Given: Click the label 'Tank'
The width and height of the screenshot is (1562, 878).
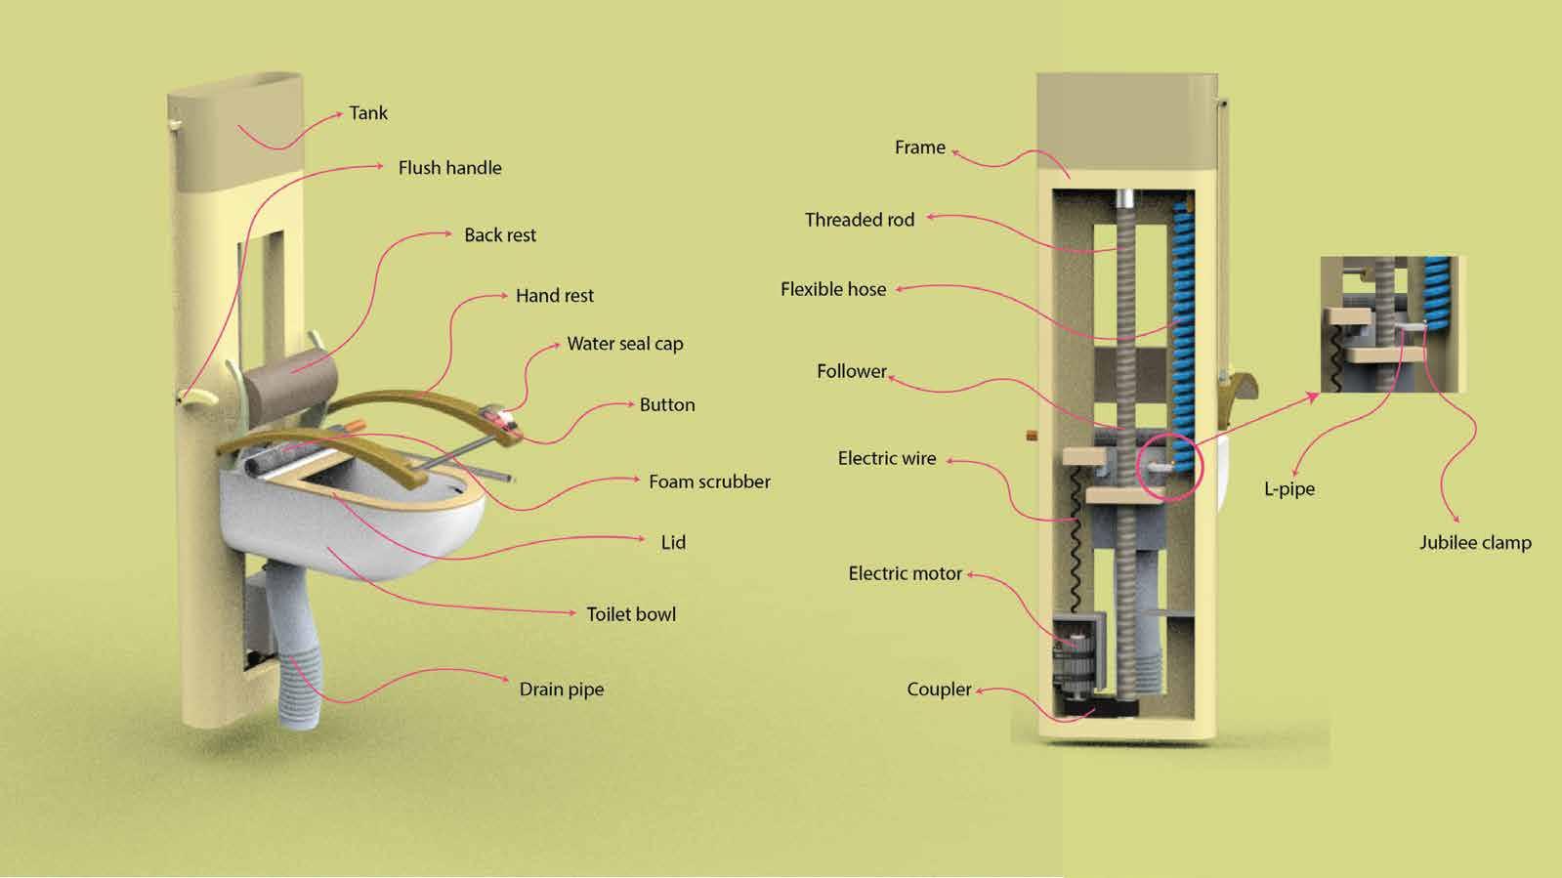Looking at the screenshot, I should click(368, 113).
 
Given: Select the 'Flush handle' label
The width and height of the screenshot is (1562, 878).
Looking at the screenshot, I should click(449, 168).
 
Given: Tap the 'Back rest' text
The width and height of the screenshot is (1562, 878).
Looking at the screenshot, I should click(499, 235).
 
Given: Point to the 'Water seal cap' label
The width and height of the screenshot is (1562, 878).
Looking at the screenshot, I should click(625, 344).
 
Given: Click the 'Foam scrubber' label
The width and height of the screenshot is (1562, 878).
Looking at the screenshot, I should click(709, 481).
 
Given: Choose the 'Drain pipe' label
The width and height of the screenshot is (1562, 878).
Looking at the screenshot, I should click(561, 690).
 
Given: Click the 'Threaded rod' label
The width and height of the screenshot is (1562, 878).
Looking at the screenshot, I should click(860, 220).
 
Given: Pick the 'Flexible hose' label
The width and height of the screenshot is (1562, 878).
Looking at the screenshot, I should click(833, 289).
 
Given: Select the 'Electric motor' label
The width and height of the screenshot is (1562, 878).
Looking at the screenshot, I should click(905, 573).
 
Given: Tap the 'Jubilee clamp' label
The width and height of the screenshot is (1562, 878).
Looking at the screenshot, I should click(1475, 543).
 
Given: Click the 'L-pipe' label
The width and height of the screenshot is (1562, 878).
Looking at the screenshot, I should click(1289, 488).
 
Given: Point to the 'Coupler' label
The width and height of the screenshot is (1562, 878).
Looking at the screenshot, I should click(939, 690).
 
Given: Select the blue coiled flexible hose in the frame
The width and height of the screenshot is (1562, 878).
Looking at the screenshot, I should click(1183, 322).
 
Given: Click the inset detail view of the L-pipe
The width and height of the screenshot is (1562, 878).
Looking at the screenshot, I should click(1392, 324).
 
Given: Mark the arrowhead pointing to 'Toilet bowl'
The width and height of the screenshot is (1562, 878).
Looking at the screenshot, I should click(572, 613).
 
